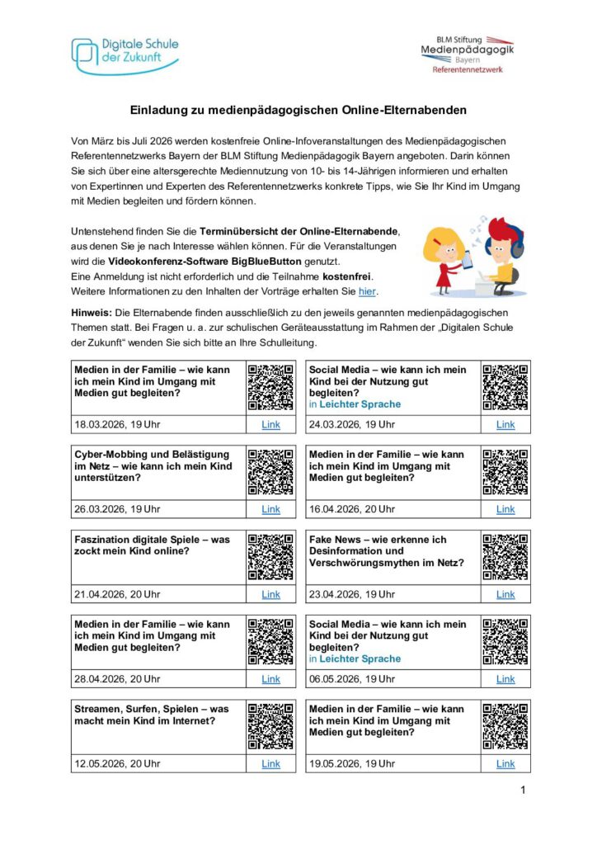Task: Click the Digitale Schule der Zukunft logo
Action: click(x=125, y=54)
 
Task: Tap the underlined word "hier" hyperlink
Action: click(x=367, y=291)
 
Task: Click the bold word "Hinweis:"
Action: click(x=95, y=313)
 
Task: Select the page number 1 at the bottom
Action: click(x=523, y=791)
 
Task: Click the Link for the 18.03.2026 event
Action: click(x=270, y=425)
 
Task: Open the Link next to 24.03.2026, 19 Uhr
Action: click(x=505, y=425)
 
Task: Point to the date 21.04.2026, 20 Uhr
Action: click(x=117, y=594)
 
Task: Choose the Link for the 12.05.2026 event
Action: click(x=270, y=764)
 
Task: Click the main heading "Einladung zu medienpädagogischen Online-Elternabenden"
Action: click(x=298, y=110)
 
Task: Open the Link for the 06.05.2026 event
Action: click(x=505, y=679)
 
